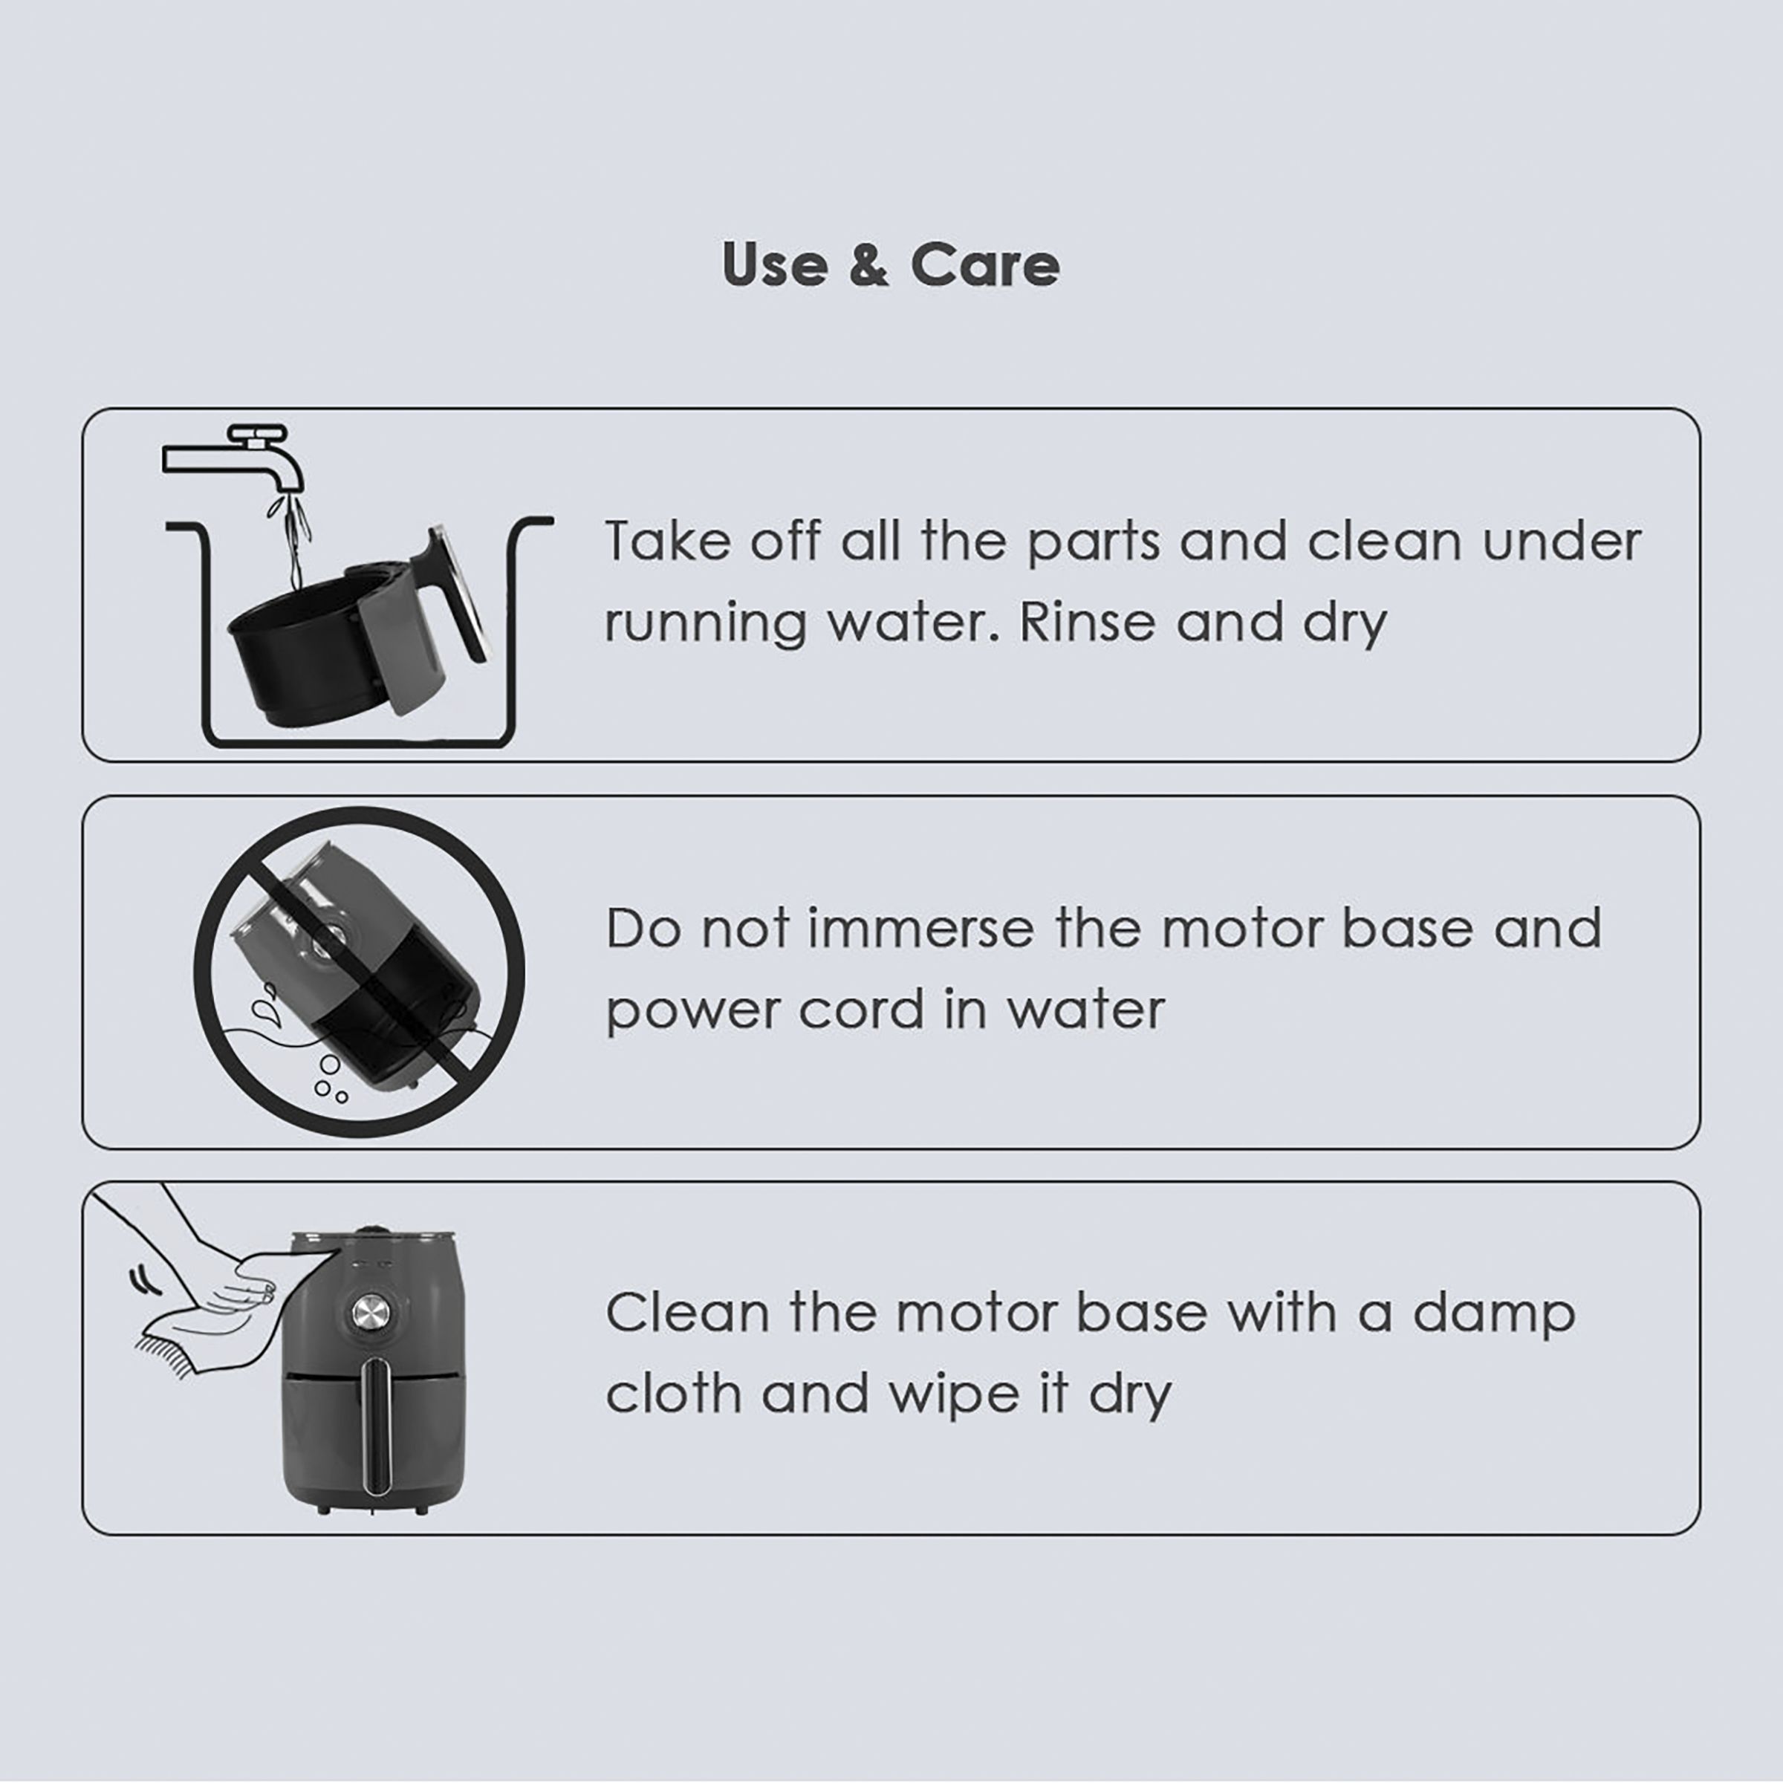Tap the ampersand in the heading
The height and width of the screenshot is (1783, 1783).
868,265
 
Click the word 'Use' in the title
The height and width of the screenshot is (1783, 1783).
775,265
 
